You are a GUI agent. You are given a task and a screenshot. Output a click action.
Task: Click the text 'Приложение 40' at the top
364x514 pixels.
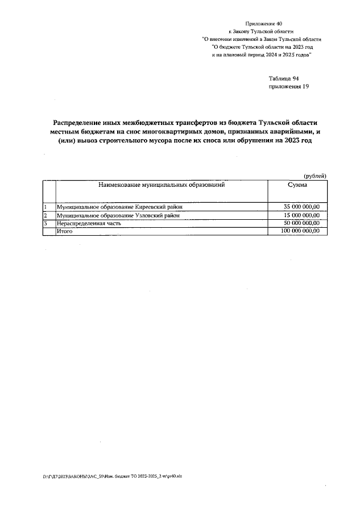pos(263,23)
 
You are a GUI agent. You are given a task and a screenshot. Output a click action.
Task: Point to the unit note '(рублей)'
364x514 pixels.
pos(314,176)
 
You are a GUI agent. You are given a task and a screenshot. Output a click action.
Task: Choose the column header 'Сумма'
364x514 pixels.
pos(298,185)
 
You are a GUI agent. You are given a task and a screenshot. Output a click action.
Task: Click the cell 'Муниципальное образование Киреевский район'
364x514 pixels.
pos(119,207)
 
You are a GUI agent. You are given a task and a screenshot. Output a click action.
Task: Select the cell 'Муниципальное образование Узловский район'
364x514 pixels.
pos(118,216)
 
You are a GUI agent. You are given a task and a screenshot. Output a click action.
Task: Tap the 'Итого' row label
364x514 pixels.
pos(63,232)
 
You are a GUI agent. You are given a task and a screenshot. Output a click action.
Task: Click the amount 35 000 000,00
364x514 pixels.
pos(301,207)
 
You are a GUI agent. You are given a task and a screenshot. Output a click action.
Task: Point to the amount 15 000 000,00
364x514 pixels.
pos(301,216)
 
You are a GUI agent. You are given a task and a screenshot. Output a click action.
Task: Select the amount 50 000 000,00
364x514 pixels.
pos(301,224)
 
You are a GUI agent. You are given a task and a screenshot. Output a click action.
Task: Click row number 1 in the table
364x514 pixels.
pos(45,207)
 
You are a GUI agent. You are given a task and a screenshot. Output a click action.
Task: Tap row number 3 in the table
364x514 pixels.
pos(45,224)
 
